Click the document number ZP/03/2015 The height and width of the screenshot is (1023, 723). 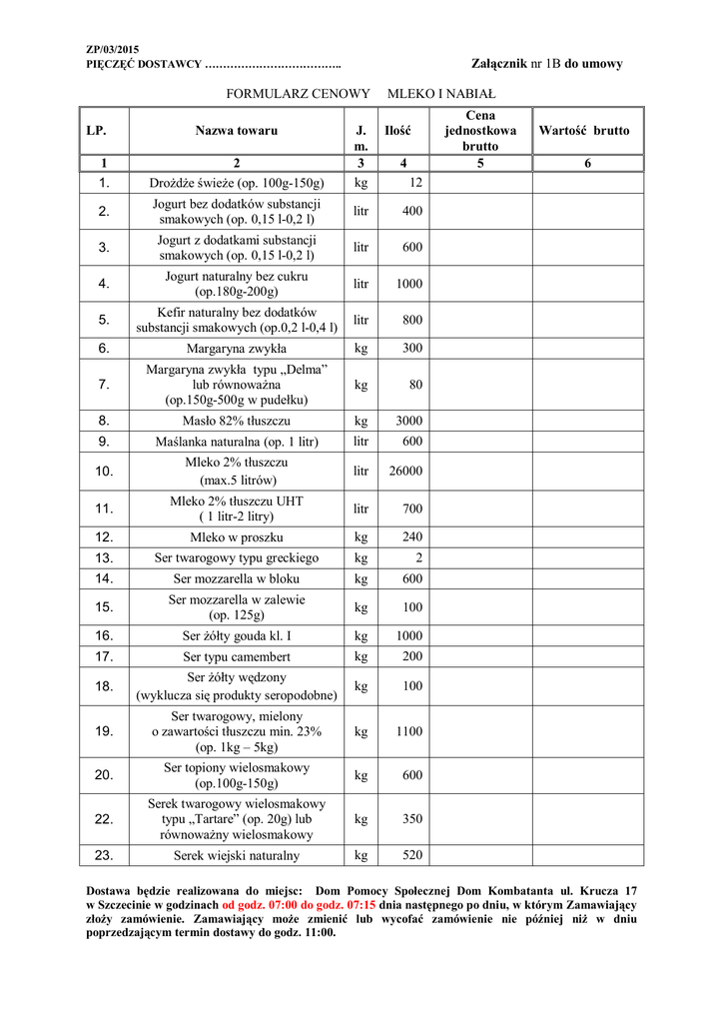tap(112, 49)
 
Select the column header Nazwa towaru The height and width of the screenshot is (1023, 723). tap(237, 131)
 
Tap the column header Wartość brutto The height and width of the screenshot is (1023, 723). tap(584, 131)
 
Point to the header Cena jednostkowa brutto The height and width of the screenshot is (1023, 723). tap(479, 131)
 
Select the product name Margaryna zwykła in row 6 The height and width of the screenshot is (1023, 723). tap(237, 349)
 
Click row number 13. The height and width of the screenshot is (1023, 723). tap(104, 557)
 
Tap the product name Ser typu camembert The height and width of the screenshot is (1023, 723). tap(237, 656)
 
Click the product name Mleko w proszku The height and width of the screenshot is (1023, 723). tap(237, 536)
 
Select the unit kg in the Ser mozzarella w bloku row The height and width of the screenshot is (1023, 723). tap(361, 578)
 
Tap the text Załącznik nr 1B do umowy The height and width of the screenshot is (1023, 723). tap(546, 64)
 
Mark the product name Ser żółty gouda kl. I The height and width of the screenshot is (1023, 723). tap(237, 635)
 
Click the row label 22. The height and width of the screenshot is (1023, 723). tap(104, 819)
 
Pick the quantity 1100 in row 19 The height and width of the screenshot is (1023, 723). tap(409, 731)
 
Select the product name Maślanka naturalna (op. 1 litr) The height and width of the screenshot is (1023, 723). tap(237, 441)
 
